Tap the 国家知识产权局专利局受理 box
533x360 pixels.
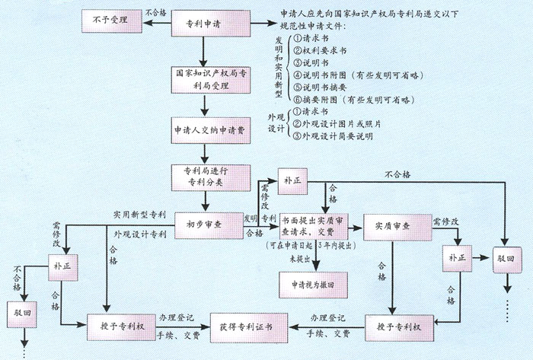coord(203,80)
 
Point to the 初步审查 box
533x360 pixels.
coord(203,225)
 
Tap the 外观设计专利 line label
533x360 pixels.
coord(139,233)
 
